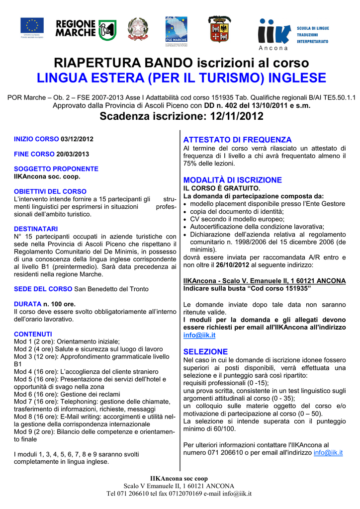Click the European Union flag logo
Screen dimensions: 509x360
click(32, 26)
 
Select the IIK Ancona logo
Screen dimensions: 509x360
click(293, 34)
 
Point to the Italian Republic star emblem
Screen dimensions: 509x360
click(138, 29)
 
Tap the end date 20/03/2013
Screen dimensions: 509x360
click(73, 154)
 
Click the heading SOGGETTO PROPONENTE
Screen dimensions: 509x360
click(56, 169)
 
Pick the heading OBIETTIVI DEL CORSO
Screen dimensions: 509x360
click(50, 191)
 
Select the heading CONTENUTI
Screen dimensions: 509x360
click(33, 334)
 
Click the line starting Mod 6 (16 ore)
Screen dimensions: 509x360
click(60, 394)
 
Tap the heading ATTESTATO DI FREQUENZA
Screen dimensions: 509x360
click(237, 140)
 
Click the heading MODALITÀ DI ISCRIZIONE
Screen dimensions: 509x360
click(233, 180)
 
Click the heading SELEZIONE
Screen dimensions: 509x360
click(205, 351)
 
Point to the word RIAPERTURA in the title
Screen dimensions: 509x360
click(95, 63)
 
